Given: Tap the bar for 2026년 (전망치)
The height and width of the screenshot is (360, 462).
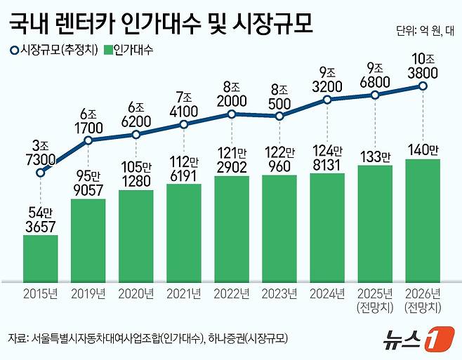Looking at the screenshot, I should click(423, 218).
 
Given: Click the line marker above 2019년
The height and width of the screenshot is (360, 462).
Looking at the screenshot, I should click(88, 140).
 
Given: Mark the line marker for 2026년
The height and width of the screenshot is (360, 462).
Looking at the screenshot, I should click(423, 86).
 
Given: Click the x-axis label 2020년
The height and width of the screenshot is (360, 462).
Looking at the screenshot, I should click(136, 293).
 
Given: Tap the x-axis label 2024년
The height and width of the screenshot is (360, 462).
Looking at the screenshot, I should click(327, 293).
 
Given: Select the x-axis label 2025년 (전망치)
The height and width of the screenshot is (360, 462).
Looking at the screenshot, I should click(375, 299).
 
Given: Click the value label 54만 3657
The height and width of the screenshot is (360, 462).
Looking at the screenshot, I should click(41, 218).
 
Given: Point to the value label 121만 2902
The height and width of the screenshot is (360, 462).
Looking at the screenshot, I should click(232, 160).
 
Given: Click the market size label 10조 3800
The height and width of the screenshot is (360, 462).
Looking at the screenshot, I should click(423, 65).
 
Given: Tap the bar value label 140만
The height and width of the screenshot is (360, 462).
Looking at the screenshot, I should click(423, 149).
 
